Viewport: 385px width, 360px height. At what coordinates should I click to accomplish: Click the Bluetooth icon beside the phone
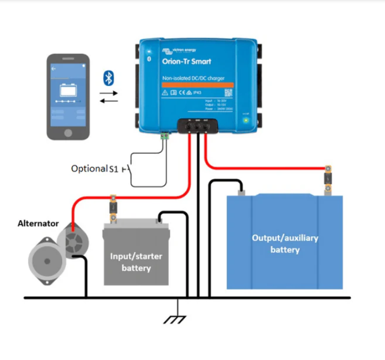108,79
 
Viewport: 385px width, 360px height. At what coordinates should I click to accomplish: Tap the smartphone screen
67,96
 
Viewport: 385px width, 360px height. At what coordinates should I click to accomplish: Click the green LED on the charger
245,120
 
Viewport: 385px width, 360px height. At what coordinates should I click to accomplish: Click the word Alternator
38,223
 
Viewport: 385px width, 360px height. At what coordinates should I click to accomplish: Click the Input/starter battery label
136,262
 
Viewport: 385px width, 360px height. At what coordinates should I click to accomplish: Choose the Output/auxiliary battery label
285,244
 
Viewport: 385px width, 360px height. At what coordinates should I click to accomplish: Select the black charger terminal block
198,126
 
